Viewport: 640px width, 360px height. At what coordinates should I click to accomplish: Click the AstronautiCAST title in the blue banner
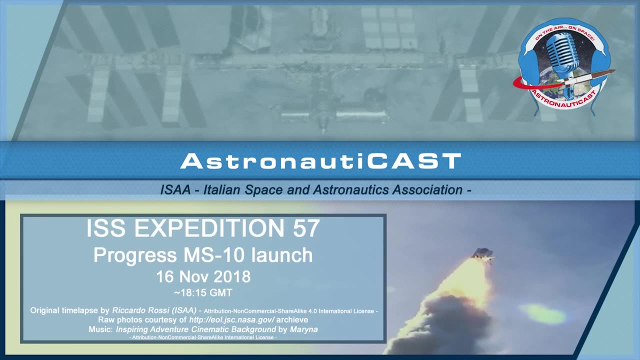point(320,161)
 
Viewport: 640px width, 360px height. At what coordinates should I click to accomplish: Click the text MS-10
point(213,255)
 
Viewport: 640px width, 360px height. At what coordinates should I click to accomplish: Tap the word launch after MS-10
point(281,255)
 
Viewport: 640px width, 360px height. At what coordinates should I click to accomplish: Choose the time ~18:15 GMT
point(203,293)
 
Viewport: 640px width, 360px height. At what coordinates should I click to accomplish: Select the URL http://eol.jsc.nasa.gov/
point(231,319)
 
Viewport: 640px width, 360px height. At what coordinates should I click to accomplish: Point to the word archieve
point(292,319)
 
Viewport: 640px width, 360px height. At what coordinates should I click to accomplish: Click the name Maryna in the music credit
point(303,329)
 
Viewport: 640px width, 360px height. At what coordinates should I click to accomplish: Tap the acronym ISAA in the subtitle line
point(175,190)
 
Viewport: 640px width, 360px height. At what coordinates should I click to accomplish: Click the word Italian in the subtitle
point(221,190)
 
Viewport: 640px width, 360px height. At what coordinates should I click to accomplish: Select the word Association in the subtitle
point(427,190)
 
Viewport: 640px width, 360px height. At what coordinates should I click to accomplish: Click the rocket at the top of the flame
point(483,255)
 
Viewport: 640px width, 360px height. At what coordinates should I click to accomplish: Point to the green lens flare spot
point(542,313)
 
